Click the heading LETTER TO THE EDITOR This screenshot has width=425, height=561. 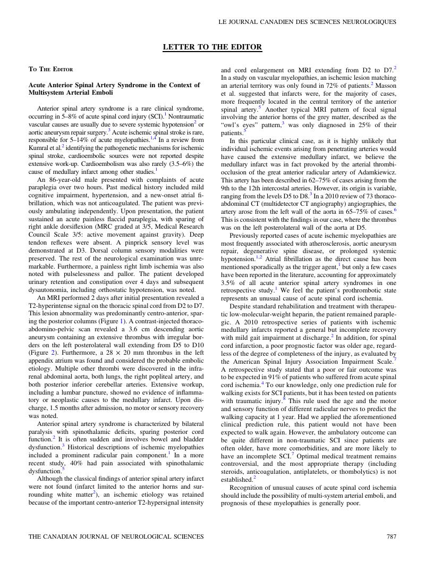click(x=212, y=47)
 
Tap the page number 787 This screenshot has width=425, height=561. click(x=391, y=537)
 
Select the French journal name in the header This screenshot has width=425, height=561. click(x=308, y=22)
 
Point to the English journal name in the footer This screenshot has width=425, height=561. click(x=116, y=537)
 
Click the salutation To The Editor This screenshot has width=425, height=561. click(x=50, y=69)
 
